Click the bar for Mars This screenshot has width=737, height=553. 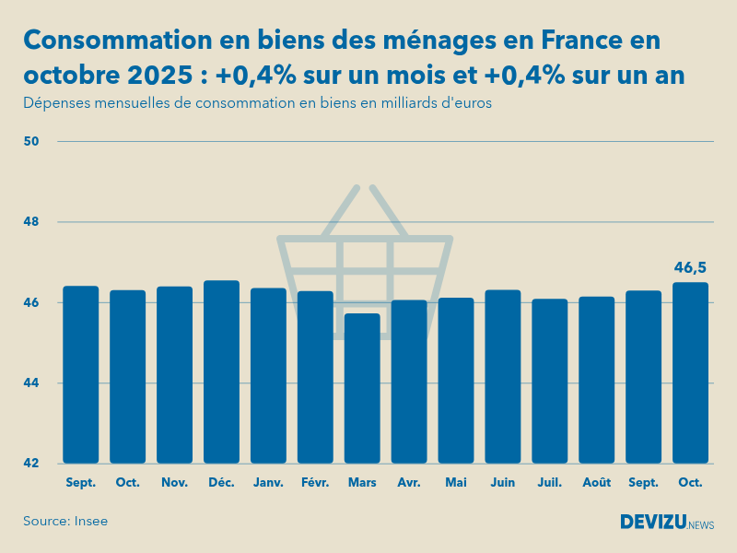(362, 388)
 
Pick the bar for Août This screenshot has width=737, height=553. (597, 380)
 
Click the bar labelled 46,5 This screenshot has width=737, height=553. (691, 372)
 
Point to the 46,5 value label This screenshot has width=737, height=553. (691, 268)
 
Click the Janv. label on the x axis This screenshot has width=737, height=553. (268, 482)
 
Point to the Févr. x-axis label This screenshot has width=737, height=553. (315, 482)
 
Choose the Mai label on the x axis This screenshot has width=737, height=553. (456, 482)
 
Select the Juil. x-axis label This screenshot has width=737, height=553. (550, 482)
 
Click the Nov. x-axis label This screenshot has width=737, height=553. (174, 482)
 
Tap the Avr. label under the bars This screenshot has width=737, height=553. (409, 482)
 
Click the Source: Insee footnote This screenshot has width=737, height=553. (65, 522)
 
